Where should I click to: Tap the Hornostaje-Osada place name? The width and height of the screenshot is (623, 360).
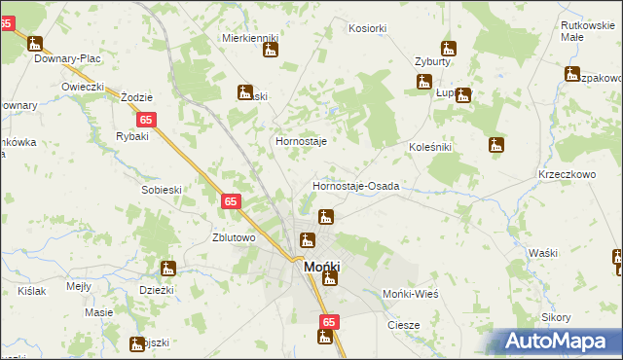(355, 186)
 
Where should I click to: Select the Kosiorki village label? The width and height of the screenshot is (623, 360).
(367, 29)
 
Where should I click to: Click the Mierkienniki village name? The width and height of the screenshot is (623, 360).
(250, 38)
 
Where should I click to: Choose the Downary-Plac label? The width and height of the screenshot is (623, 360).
(68, 58)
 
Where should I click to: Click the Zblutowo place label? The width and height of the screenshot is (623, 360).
(234, 237)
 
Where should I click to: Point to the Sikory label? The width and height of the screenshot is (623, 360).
(556, 318)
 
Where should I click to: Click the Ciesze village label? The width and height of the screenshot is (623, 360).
(403, 325)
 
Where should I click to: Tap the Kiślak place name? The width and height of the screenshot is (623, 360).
(31, 291)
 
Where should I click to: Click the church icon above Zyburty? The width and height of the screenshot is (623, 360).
(448, 47)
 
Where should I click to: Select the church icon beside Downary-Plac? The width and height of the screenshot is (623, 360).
(36, 45)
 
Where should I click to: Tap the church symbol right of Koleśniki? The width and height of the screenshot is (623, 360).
(496, 145)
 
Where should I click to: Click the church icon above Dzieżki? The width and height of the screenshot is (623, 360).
(167, 269)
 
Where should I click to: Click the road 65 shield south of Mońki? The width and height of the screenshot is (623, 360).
(329, 321)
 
